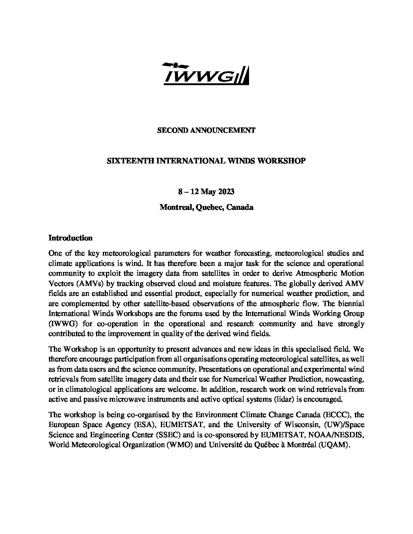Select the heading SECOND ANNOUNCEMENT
(x=206, y=130)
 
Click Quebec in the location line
(x=210, y=207)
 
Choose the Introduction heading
(x=71, y=238)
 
